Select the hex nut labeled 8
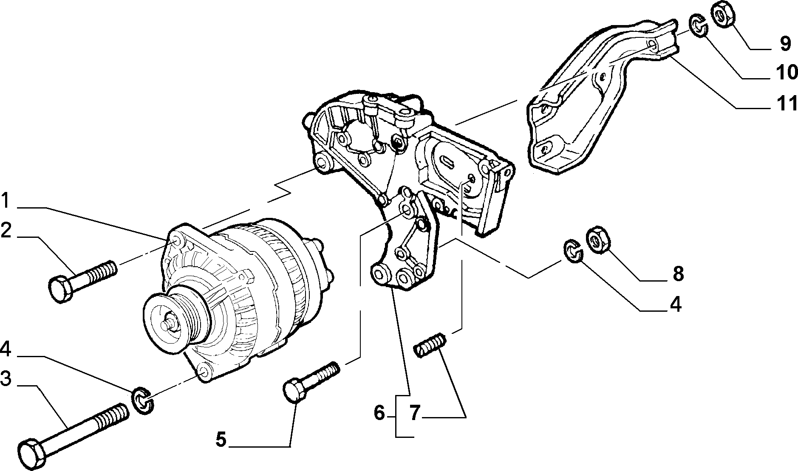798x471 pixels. tap(597, 241)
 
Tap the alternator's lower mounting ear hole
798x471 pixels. tap(204, 372)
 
